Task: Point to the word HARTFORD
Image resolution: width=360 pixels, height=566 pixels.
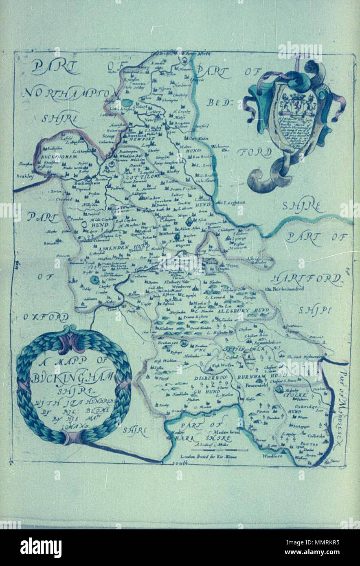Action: click(x=306, y=279)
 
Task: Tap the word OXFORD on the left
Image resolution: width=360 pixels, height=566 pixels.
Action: click(x=45, y=316)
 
